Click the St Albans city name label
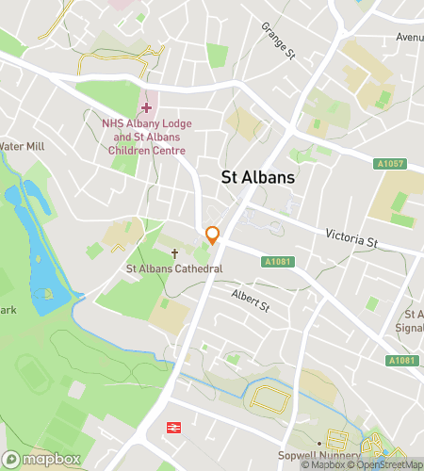tap(257, 177)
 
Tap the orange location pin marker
tap(214, 236)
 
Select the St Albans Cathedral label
tap(174, 269)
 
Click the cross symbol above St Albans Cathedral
tap(174, 253)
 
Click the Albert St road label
tap(251, 300)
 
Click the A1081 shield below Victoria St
tap(277, 261)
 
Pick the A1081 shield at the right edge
tap(401, 361)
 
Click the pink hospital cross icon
tap(146, 107)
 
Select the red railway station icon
tap(174, 429)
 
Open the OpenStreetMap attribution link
tap(387, 464)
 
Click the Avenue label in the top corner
tap(410, 38)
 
